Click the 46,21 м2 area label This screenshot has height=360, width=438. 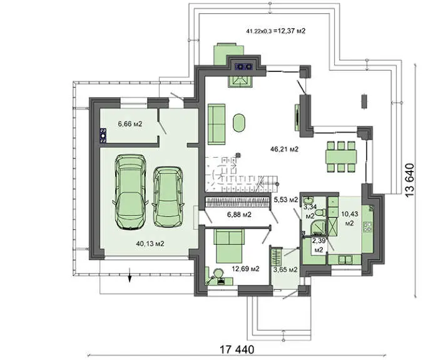point(284,149)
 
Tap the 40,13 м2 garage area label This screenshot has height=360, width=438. point(150,244)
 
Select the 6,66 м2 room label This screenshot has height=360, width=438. point(130,124)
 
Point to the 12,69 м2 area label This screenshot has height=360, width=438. point(245,269)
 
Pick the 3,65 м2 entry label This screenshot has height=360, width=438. point(285,270)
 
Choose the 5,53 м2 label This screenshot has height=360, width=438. point(286,200)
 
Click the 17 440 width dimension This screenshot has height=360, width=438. point(237,349)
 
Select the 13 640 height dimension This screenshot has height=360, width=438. point(410,180)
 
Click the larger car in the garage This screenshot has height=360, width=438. point(130,192)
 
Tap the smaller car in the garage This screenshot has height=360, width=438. point(168,197)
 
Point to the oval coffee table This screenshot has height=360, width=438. point(239,123)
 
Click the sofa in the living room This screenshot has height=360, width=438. point(216,124)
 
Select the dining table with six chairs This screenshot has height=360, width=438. point(341,157)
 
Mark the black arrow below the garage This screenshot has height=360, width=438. point(130,275)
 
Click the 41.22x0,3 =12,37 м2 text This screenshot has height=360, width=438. point(276,31)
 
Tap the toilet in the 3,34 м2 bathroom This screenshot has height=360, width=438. point(320,213)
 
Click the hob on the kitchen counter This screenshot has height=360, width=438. point(368,227)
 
